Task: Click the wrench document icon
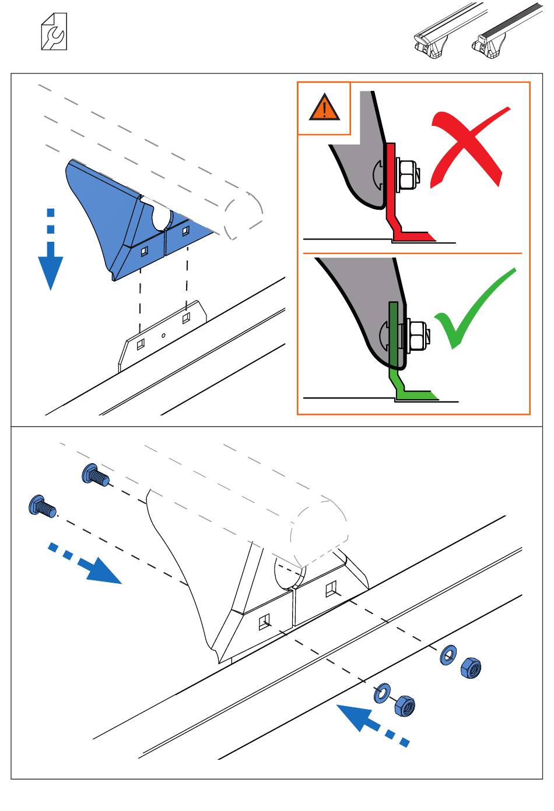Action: [54, 32]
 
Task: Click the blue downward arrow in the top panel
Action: [51, 251]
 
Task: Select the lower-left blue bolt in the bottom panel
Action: [41, 505]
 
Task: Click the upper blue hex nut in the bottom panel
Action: [470, 668]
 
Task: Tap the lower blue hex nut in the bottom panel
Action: [404, 707]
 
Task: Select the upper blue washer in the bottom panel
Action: [448, 655]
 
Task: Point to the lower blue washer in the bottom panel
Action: [383, 694]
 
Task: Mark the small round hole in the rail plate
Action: [163, 335]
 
